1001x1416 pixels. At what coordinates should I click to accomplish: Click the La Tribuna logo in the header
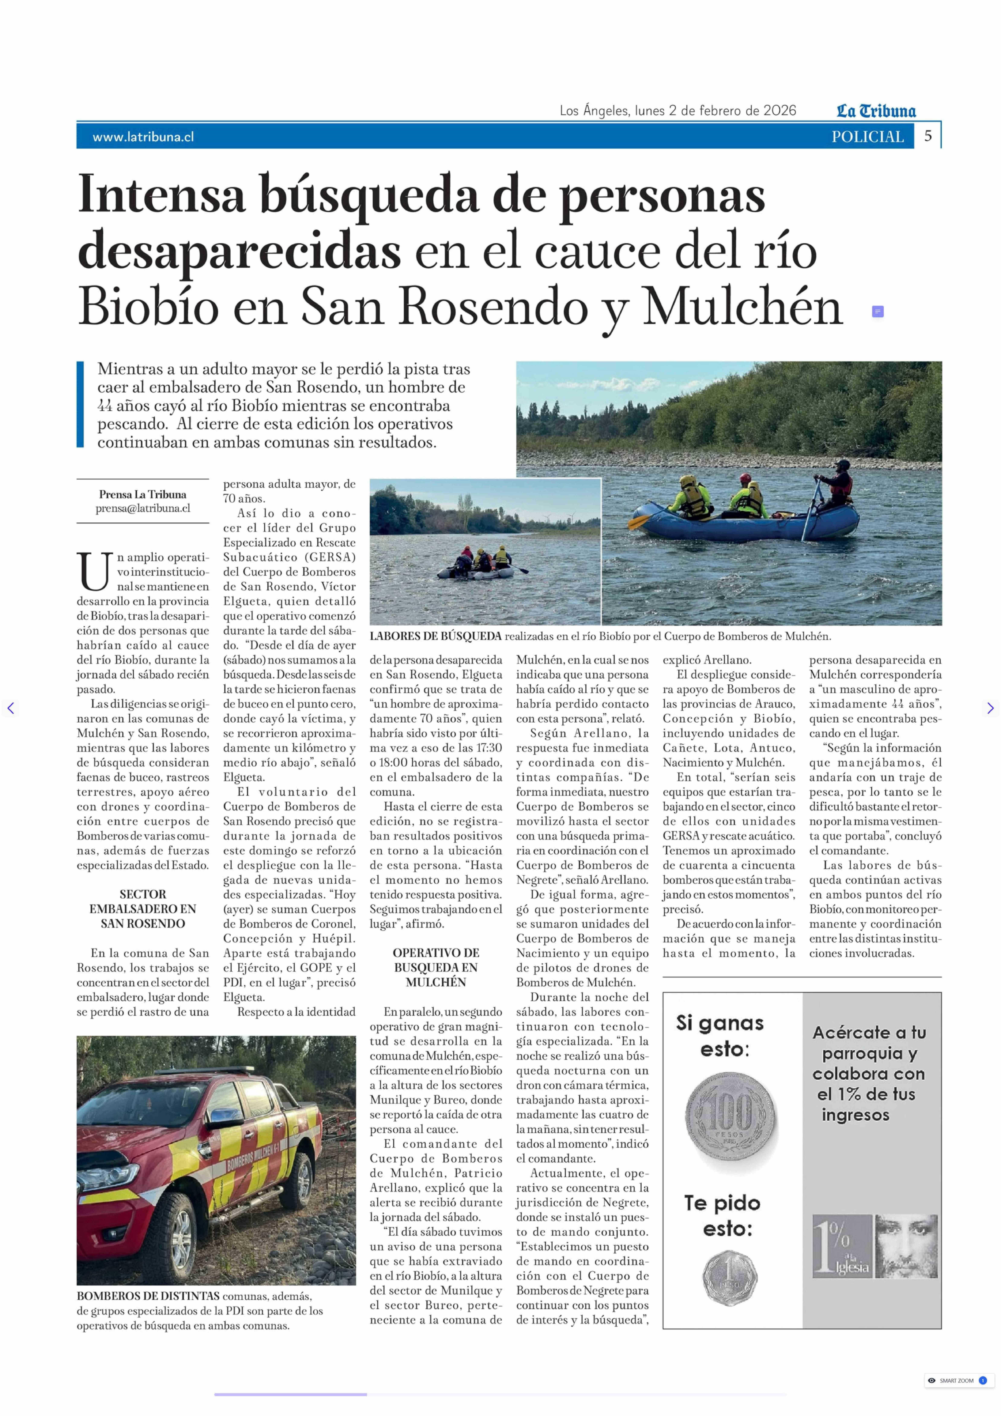coord(876,111)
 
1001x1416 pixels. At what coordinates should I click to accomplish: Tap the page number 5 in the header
coord(928,136)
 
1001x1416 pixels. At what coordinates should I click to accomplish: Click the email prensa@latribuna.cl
coord(143,508)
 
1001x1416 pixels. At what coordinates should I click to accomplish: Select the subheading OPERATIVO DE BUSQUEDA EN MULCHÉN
coord(436,967)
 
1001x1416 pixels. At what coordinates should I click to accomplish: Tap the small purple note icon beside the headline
coord(878,311)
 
